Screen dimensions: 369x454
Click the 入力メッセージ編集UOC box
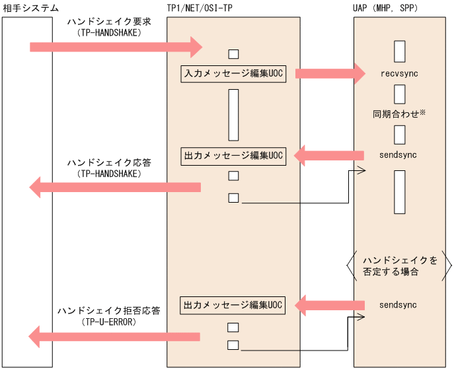pos(233,74)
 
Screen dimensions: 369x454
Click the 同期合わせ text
pos(395,114)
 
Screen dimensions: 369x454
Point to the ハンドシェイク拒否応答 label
pos(108,310)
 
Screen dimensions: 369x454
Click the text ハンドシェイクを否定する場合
pos(399,266)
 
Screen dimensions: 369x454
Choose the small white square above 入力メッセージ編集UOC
pos(233,54)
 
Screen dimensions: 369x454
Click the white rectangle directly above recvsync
pos(398,51)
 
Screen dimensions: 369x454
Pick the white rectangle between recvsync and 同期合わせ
pos(398,93)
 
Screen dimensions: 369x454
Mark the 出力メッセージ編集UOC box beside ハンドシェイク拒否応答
pos(233,306)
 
